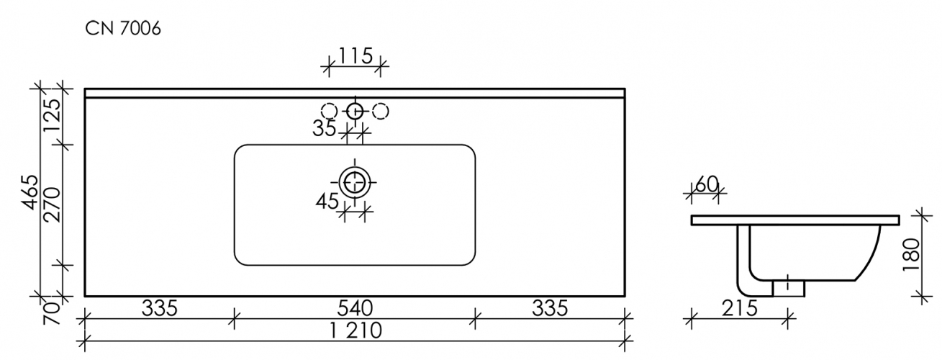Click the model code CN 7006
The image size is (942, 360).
(123, 30)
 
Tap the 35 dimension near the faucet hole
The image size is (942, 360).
(325, 129)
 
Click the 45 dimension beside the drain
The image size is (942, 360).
(327, 202)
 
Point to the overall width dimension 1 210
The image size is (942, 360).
(355, 332)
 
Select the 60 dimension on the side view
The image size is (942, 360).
(707, 184)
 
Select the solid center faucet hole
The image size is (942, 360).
(355, 111)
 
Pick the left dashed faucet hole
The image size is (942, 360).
(329, 111)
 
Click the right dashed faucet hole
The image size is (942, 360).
(381, 111)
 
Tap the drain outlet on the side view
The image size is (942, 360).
(788, 287)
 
